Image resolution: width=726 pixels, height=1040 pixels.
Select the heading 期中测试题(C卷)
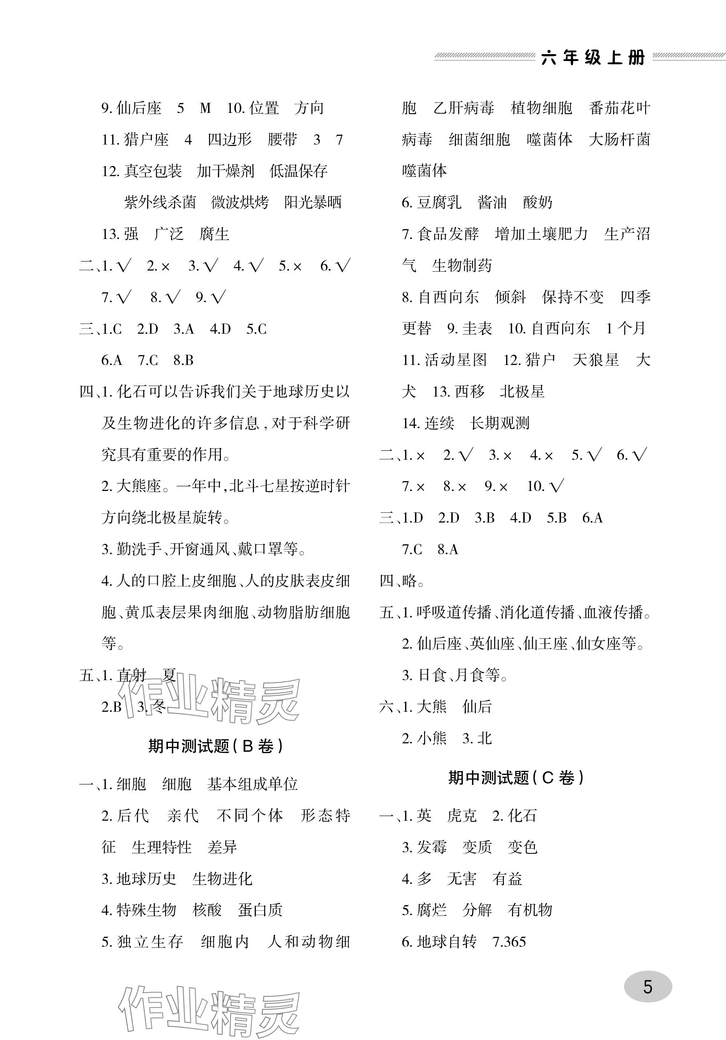point(516,777)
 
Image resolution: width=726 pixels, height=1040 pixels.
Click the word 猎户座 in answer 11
point(146,139)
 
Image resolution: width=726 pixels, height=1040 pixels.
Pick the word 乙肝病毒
point(464,108)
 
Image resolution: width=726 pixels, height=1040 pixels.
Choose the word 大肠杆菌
point(619,139)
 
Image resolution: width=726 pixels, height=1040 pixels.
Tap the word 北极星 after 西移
point(522,391)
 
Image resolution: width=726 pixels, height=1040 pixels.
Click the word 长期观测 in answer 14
point(499,423)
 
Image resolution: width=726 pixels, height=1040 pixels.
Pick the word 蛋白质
point(260,910)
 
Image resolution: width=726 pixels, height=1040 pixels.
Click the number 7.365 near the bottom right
point(509,941)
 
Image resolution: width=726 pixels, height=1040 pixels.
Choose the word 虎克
point(462,815)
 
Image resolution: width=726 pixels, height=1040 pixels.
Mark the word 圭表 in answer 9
point(477,328)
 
